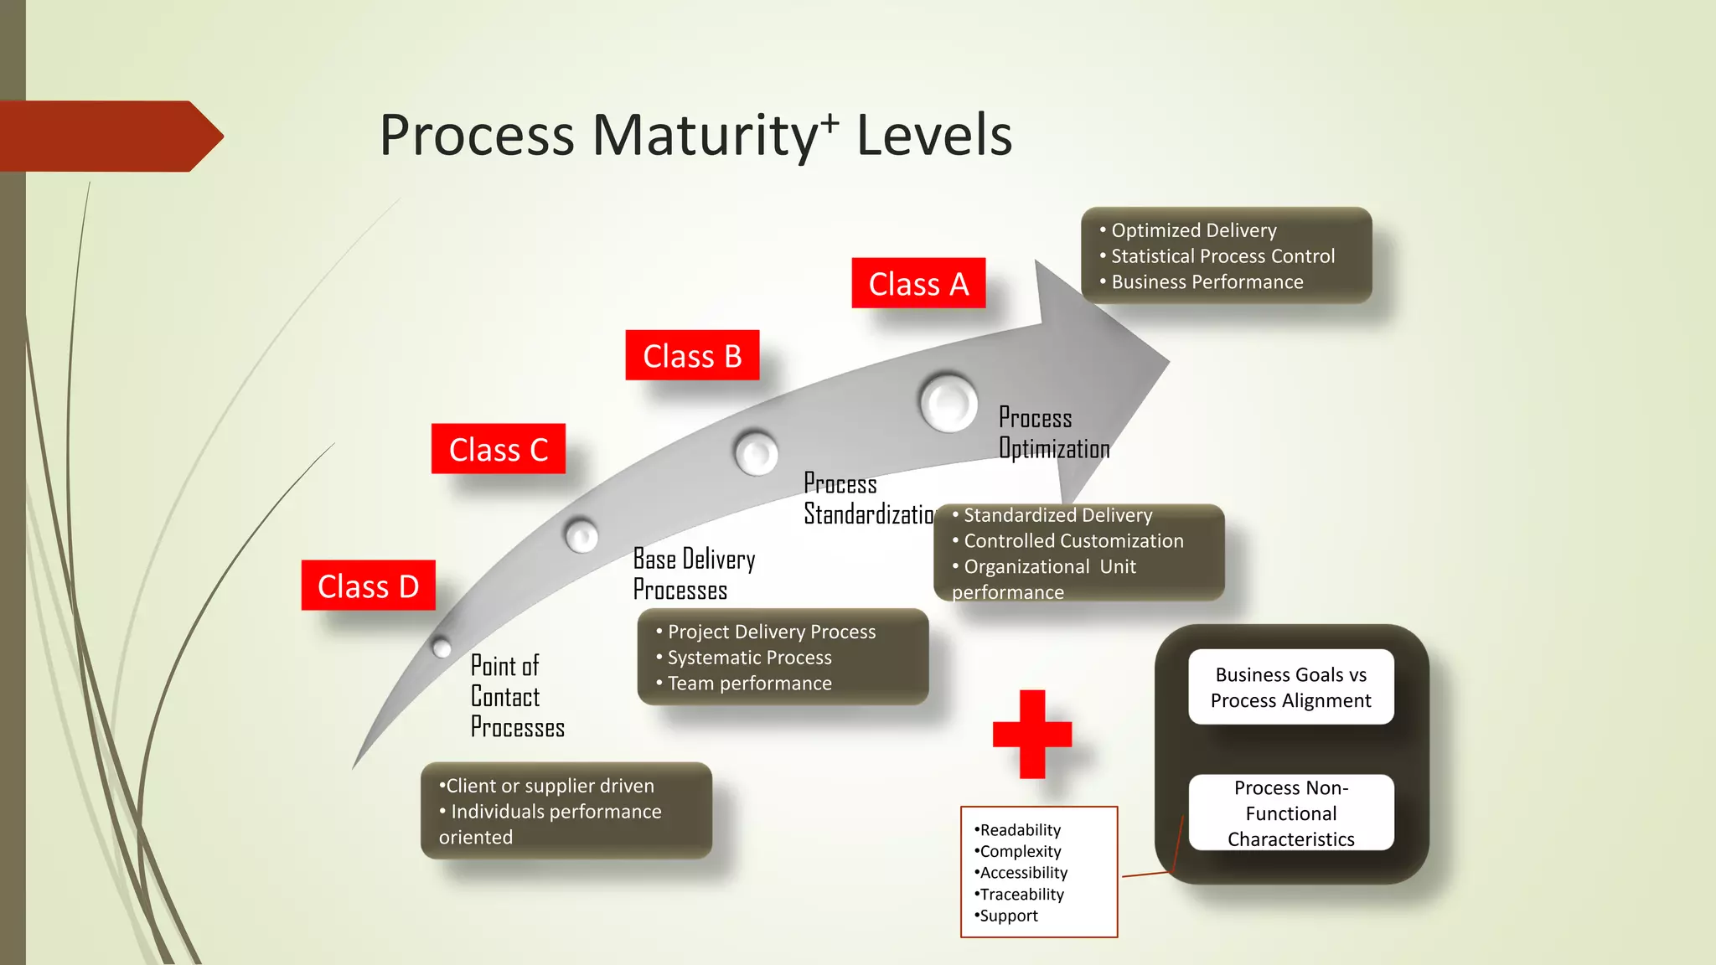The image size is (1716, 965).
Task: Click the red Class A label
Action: click(918, 283)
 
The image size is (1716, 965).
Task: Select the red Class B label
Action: click(692, 355)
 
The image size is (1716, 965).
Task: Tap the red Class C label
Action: click(499, 449)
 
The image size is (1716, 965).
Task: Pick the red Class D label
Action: click(368, 586)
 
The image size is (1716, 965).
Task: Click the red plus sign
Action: click(1032, 734)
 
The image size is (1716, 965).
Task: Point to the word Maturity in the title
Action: click(704, 135)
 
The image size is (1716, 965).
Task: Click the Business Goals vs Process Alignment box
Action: click(1290, 687)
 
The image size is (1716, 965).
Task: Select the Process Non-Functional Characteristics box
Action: click(1290, 813)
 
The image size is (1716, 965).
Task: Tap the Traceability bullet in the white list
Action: click(1021, 894)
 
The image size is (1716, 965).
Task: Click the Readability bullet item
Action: click(1019, 829)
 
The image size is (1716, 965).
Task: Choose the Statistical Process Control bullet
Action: click(1222, 256)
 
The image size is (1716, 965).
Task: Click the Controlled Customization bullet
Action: click(1072, 541)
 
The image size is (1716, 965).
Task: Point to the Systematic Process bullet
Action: click(749, 658)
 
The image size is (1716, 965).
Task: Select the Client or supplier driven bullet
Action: click(549, 786)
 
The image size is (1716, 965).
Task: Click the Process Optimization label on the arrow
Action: click(1053, 433)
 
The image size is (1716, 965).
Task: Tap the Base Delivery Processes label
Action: click(694, 574)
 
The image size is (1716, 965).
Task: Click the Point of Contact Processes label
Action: click(516, 696)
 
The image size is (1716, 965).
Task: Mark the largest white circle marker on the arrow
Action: click(948, 402)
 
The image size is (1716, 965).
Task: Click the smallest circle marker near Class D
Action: click(442, 647)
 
